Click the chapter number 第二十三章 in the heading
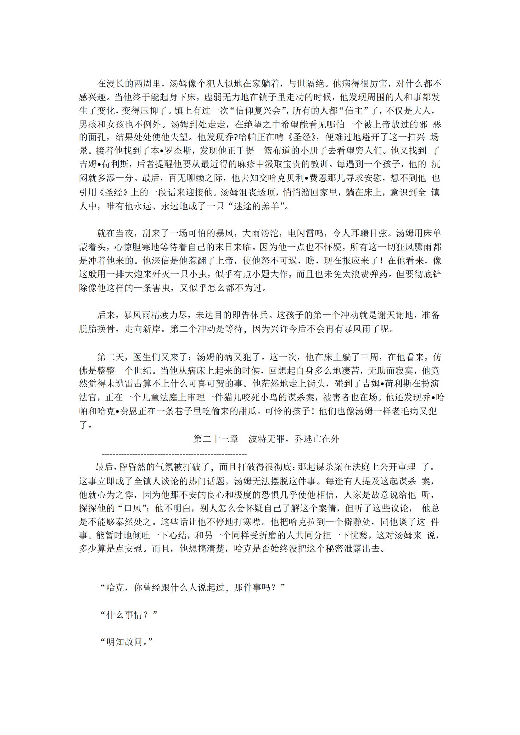click(x=216, y=439)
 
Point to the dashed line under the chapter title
click(x=174, y=454)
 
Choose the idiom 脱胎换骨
click(x=97, y=329)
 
